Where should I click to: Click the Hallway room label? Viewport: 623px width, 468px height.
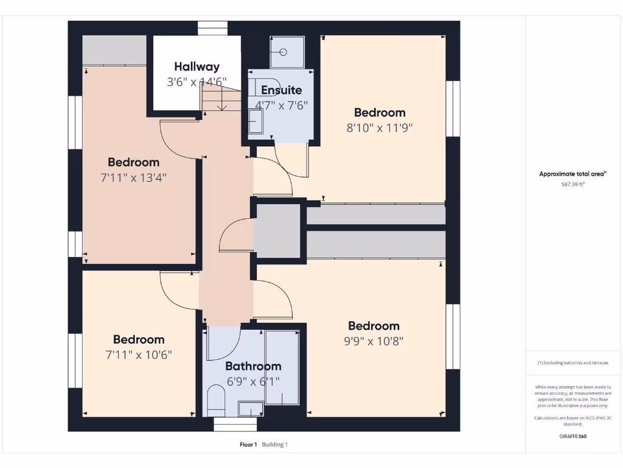(x=197, y=66)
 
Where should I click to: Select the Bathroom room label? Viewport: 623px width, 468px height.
(x=253, y=366)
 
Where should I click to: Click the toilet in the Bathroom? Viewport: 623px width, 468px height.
(x=216, y=400)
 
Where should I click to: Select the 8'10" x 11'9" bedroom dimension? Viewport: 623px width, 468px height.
(x=380, y=128)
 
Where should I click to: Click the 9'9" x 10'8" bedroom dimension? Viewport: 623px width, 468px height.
(x=374, y=341)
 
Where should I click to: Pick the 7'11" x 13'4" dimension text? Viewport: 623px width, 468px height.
(x=133, y=177)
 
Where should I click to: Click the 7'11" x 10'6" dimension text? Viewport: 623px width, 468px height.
(x=139, y=355)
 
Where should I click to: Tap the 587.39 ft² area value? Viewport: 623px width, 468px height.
(x=573, y=184)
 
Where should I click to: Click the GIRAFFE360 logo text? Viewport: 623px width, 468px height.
(x=573, y=436)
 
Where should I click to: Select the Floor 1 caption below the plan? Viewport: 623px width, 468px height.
(x=248, y=445)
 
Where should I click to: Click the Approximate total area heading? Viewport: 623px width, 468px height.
(x=573, y=174)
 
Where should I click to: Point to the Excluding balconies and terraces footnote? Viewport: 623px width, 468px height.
(x=573, y=363)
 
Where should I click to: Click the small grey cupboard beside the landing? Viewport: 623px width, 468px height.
(x=277, y=231)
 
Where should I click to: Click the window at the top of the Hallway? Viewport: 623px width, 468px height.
(x=212, y=28)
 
